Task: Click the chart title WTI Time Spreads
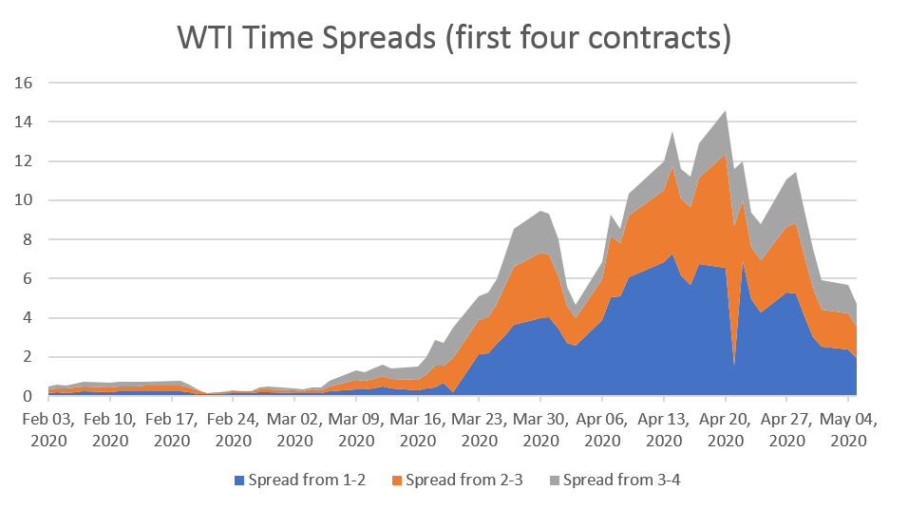[x=454, y=38]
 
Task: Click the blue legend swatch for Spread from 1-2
[x=239, y=481]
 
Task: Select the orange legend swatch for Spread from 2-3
[x=397, y=481]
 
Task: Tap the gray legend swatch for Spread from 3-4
[x=556, y=481]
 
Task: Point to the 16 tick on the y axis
[x=26, y=83]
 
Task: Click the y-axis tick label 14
[x=26, y=123]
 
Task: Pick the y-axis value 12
[x=26, y=161]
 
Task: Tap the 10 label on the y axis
[x=26, y=200]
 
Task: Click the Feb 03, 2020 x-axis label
[x=48, y=429]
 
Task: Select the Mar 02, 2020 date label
[x=294, y=429]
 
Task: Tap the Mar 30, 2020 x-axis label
[x=540, y=429]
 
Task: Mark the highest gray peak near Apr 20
[x=726, y=111]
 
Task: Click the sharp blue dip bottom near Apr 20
[x=734, y=364]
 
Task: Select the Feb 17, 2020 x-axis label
[x=172, y=429]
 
